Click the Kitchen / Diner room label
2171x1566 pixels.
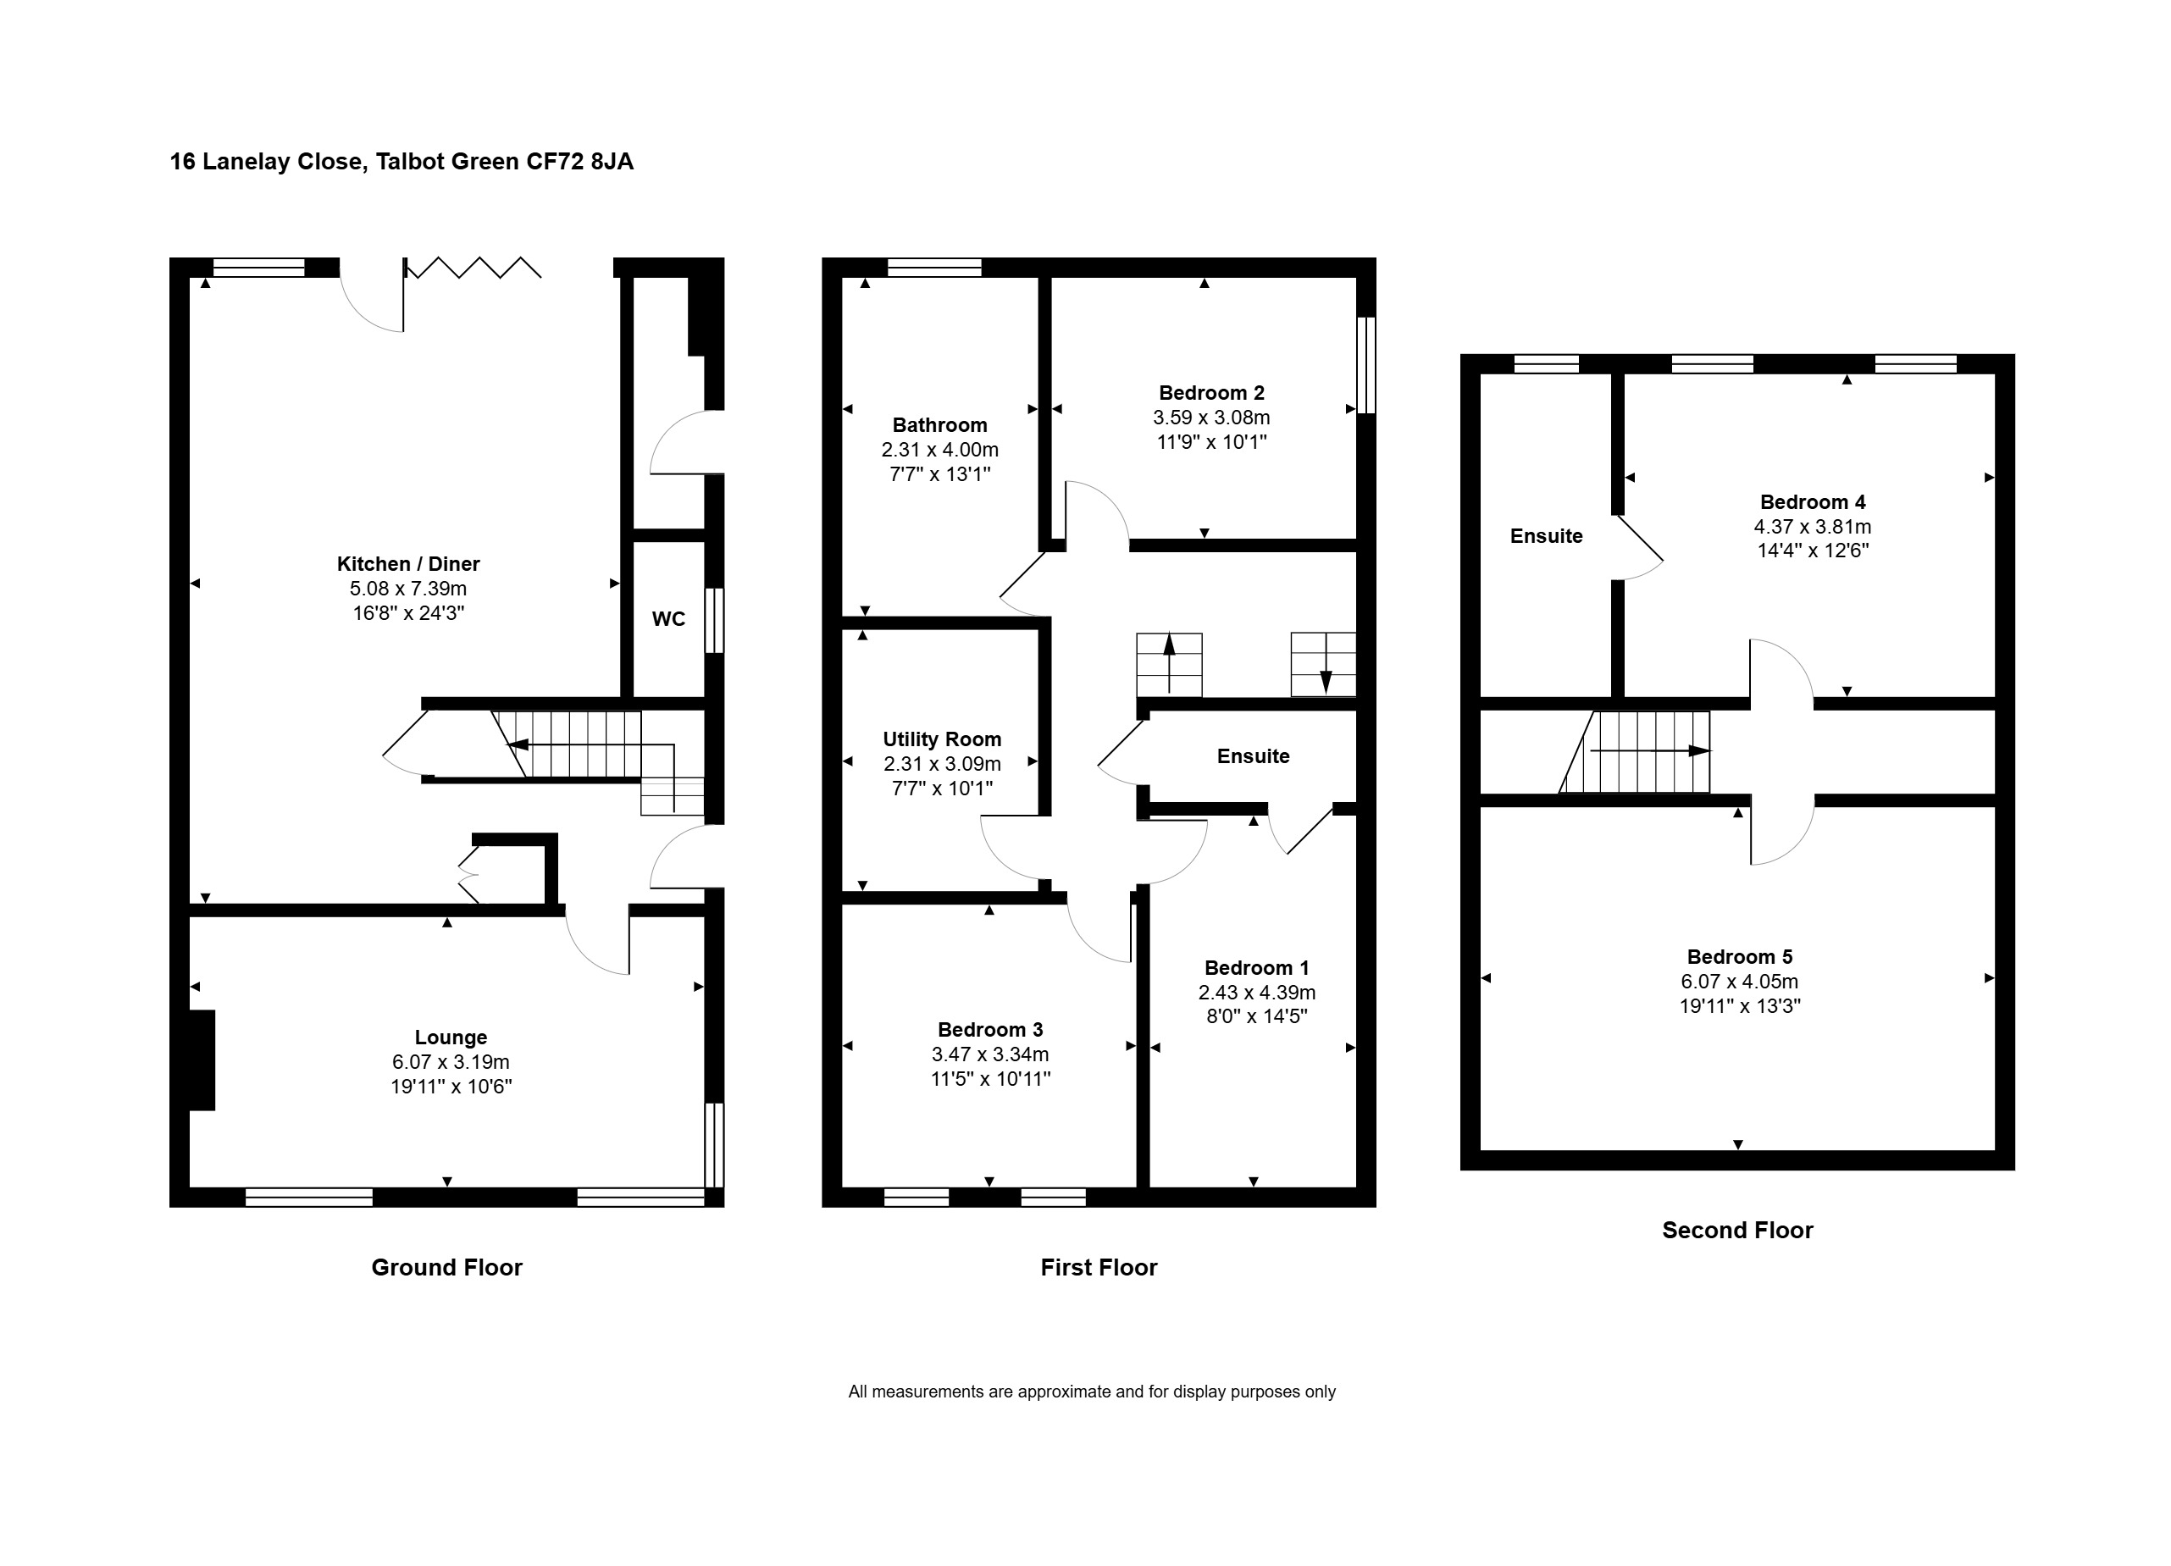click(x=407, y=564)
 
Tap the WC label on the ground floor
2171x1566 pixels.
click(x=668, y=619)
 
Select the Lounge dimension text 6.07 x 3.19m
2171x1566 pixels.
click(x=451, y=1061)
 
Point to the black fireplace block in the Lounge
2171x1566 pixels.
click(x=202, y=1060)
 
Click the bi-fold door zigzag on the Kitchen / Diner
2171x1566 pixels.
click(x=473, y=267)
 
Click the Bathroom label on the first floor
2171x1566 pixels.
click(x=939, y=425)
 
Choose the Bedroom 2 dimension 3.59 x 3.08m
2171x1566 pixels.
click(x=1211, y=418)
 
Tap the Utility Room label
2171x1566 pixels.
click(x=942, y=739)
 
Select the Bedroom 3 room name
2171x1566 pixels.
click(x=989, y=1030)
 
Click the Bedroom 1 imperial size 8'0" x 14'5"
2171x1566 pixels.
click(x=1257, y=1016)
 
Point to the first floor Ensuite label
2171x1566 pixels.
click(x=1253, y=756)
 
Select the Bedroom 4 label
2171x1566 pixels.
click(x=1813, y=502)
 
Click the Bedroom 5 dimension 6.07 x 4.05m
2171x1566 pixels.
click(x=1739, y=981)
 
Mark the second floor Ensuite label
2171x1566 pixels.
click(x=1546, y=536)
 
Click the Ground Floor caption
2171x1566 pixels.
click(x=447, y=1267)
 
